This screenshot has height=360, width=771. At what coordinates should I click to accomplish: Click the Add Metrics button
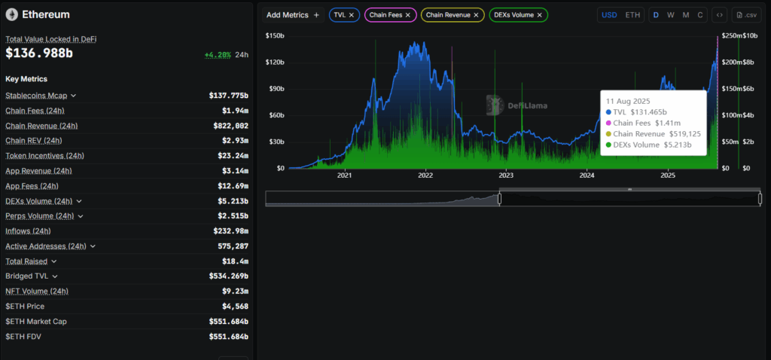coord(293,15)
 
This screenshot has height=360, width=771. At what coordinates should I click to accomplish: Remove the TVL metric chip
coord(351,15)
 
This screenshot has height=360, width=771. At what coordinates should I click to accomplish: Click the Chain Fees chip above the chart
coord(391,15)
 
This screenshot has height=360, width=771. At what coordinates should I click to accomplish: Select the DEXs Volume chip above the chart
coord(519,15)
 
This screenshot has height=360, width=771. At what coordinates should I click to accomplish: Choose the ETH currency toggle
coord(632,15)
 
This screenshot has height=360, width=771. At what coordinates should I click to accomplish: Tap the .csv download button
coord(746,15)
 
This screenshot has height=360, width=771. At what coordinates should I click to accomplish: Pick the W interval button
coord(671,15)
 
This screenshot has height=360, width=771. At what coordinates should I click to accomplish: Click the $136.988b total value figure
coord(39,53)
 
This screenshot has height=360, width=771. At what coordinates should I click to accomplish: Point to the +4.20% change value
coord(218,54)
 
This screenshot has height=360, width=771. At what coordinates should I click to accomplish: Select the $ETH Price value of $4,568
coord(235,307)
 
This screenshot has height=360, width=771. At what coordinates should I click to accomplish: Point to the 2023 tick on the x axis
coord(506,175)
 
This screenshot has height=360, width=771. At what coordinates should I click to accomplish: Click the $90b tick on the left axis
coord(276,89)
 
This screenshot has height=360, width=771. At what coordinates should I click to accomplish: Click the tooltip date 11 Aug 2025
coord(628,101)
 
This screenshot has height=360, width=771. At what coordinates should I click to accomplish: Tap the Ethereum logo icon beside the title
coord(12,15)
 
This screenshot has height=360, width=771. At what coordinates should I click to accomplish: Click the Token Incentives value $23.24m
coord(233,155)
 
